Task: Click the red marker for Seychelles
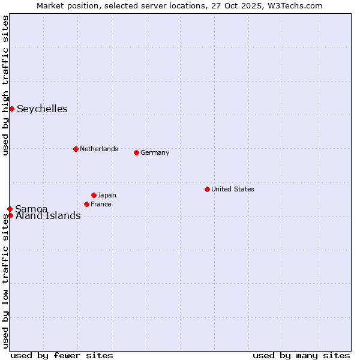click(x=11, y=109)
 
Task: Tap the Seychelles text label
click(x=42, y=109)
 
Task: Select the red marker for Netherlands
click(x=76, y=149)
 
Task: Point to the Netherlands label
click(x=99, y=149)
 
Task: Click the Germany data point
click(x=136, y=152)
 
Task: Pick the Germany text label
click(x=155, y=152)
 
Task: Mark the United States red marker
click(x=207, y=189)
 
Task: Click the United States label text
click(x=233, y=189)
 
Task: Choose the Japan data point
click(x=94, y=195)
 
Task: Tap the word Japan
click(x=107, y=195)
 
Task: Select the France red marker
click(x=86, y=204)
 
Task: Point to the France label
click(x=101, y=204)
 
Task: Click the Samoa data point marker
click(x=10, y=209)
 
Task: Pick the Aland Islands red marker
click(x=10, y=215)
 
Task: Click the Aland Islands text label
click(x=48, y=216)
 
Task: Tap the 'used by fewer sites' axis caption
click(x=62, y=355)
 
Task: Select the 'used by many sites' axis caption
click(x=301, y=355)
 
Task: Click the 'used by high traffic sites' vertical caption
click(x=5, y=85)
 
